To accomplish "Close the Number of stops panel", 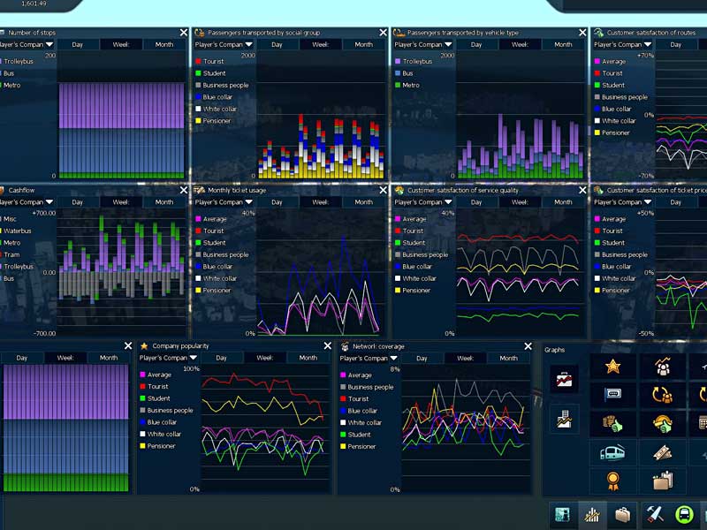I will [184, 33].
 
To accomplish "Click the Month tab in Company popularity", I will [308, 358].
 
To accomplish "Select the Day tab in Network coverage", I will [422, 358].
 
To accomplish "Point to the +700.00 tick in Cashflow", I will [42, 214].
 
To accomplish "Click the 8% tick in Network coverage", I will [395, 369].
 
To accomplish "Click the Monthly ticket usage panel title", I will [236, 190].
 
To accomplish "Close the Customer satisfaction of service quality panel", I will [582, 190].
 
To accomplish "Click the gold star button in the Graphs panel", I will [612, 367].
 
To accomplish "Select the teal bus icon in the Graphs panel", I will [612, 453].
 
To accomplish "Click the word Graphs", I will [554, 350].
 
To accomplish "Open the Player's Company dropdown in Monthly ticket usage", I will [224, 201].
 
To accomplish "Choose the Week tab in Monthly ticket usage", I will [321, 201].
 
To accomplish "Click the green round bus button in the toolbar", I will [684, 514].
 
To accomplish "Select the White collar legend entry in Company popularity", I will [163, 435].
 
